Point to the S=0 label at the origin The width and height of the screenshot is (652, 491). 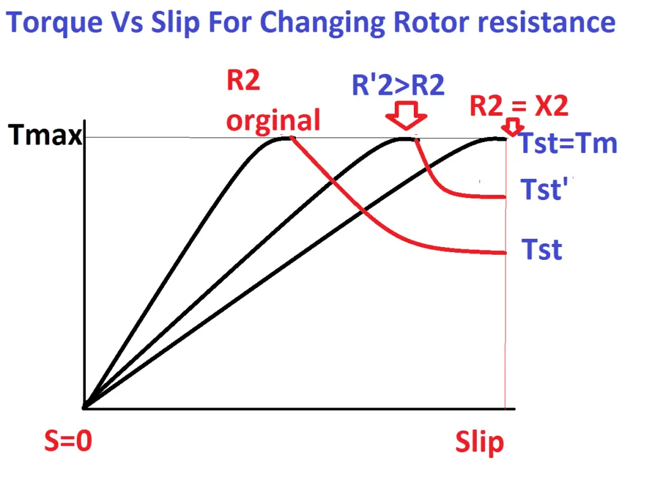67,441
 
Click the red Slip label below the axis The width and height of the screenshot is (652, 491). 479,443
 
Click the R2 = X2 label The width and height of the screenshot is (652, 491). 519,106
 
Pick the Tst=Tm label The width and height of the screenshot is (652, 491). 569,143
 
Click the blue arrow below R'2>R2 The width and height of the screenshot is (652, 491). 406,117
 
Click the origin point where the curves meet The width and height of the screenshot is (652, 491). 85,406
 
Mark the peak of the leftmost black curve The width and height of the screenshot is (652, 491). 280,138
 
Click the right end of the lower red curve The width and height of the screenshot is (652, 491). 504,253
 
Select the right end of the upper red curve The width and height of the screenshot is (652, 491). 504,196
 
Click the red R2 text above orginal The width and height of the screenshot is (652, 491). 244,82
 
